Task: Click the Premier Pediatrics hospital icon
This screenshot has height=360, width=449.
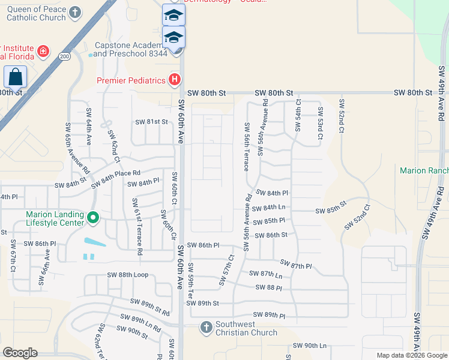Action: (x=174, y=80)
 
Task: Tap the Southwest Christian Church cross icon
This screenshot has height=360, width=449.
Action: (x=206, y=328)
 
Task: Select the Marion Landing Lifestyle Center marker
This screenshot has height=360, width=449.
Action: (x=92, y=217)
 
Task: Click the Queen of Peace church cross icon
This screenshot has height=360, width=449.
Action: (x=74, y=12)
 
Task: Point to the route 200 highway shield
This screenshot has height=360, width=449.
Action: (x=65, y=56)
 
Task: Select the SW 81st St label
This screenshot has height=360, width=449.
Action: (x=151, y=122)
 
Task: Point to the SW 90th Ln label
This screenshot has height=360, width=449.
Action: (x=309, y=346)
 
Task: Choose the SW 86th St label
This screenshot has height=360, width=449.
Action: (x=271, y=235)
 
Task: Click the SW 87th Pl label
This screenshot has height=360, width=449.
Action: (x=297, y=265)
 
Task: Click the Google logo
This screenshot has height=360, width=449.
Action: (x=20, y=353)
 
